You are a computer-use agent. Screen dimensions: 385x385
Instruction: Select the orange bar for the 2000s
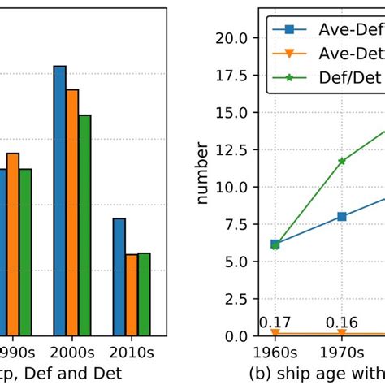[x=71, y=212]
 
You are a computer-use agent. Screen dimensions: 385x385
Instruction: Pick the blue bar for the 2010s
[x=119, y=277]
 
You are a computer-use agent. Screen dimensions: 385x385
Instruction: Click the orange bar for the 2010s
[x=132, y=295]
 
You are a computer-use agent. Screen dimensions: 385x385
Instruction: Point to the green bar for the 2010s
[x=144, y=294]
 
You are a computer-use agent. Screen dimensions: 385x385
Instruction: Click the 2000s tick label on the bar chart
[x=72, y=353]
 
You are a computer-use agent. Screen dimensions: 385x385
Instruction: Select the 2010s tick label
[x=132, y=353]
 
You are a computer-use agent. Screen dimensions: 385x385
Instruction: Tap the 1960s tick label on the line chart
[x=275, y=353]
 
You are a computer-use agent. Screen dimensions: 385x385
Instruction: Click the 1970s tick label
[x=342, y=353]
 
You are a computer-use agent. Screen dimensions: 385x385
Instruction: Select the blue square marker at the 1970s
[x=342, y=216]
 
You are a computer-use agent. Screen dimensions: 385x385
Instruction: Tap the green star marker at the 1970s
[x=342, y=161]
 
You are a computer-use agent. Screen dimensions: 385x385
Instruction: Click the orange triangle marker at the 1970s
[x=342, y=334]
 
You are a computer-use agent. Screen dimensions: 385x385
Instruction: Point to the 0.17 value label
[x=275, y=322]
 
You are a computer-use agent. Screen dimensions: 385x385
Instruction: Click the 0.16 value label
[x=342, y=322]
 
